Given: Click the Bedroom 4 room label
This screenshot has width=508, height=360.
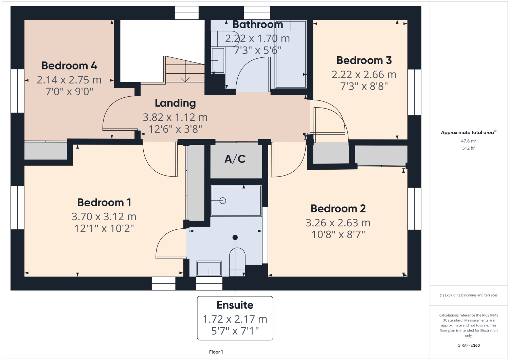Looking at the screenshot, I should [x=69, y=65].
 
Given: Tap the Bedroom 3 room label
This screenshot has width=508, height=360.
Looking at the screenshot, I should [x=364, y=60].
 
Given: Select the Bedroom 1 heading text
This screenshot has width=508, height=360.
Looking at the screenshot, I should [x=104, y=203].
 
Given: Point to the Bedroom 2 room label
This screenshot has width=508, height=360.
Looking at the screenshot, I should [x=338, y=209].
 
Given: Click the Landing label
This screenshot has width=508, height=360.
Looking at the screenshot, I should [x=175, y=103].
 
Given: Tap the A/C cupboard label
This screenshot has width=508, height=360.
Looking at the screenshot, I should [x=235, y=159].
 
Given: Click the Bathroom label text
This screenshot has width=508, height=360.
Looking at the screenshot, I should [x=257, y=25].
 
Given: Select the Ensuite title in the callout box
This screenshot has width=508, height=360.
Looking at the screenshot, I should [x=235, y=305].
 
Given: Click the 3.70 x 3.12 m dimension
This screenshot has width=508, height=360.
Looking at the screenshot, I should [x=104, y=216].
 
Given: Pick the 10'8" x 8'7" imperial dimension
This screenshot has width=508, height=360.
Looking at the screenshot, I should [x=338, y=234].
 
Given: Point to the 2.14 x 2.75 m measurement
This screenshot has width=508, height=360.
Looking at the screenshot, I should [x=69, y=80].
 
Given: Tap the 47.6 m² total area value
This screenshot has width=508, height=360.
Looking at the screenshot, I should [x=468, y=141].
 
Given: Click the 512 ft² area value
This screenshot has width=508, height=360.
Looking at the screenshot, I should [x=468, y=148].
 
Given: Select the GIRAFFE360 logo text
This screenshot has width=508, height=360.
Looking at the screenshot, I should [x=468, y=345].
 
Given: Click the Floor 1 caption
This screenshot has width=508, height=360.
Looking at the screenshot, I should [x=216, y=352].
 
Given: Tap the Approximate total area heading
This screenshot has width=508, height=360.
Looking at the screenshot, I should [x=468, y=133].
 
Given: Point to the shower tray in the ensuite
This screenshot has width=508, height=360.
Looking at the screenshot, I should [x=236, y=201].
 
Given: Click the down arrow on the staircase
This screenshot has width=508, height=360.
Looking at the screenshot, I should [x=185, y=78].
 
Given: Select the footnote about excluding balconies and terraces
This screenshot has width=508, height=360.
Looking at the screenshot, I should [x=468, y=295].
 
